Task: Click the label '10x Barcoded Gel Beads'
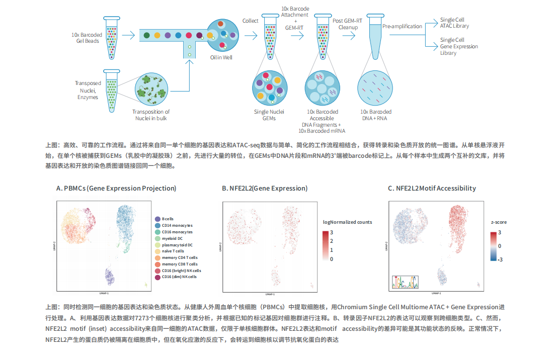pyautogui.click(x=87, y=38)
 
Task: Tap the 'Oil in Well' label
pyautogui.click(x=221, y=58)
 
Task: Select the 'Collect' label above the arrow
pyautogui.click(x=250, y=21)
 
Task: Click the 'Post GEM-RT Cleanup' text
pyautogui.click(x=348, y=24)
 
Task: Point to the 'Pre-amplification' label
pyautogui.click(x=401, y=26)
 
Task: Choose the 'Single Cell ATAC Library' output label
pyautogui.click(x=454, y=23)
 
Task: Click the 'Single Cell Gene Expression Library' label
pyautogui.click(x=459, y=46)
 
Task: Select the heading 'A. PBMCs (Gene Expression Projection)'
pyautogui.click(x=116, y=189)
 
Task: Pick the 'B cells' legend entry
pyautogui.click(x=168, y=219)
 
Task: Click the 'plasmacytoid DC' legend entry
pyautogui.click(x=177, y=245)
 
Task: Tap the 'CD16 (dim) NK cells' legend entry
pyautogui.click(x=179, y=277)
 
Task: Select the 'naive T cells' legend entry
pyautogui.click(x=173, y=251)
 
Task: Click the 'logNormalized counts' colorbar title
pyautogui.click(x=347, y=222)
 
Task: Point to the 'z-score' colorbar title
pyautogui.click(x=498, y=222)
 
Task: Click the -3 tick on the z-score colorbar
pyautogui.click(x=500, y=259)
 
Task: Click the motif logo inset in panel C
pyautogui.click(x=405, y=283)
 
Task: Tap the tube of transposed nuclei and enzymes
pyautogui.click(x=111, y=91)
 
